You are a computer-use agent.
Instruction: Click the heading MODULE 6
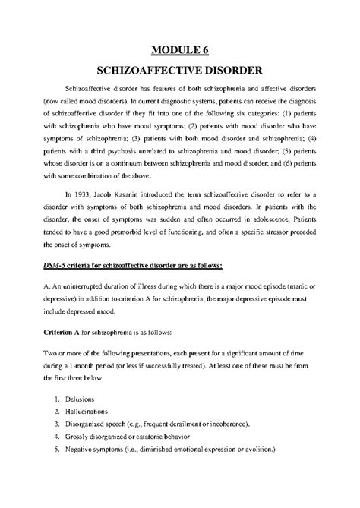click(x=180, y=52)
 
